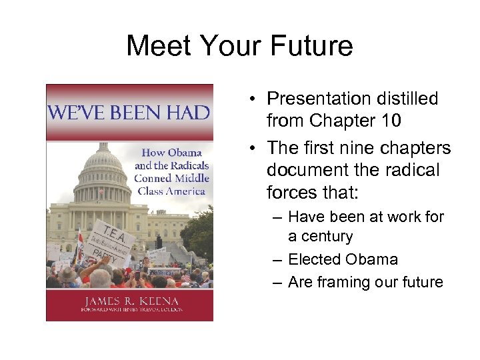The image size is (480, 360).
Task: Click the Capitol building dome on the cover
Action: point(103,161)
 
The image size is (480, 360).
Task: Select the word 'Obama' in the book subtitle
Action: point(186,152)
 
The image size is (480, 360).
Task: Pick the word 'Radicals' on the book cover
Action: point(186,165)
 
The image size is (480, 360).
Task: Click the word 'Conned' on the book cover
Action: point(153,178)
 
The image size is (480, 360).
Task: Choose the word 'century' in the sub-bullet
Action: point(321,236)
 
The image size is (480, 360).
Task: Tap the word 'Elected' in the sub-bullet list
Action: point(315,259)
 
